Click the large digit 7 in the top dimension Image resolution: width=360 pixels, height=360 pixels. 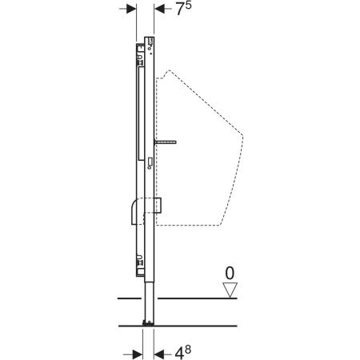point(180,10)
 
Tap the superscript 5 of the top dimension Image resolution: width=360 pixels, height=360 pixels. point(188,6)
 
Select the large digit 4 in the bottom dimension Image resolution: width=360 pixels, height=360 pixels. point(179,354)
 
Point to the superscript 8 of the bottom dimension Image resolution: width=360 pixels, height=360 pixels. point(188,350)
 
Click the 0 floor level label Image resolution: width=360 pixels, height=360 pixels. point(230,273)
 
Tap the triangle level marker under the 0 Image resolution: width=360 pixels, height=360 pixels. point(230,290)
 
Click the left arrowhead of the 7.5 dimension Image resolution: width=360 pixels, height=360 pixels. point(131,9)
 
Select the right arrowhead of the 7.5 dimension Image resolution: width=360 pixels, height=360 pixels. point(159,9)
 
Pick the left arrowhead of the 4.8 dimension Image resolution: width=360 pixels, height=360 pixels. point(138,354)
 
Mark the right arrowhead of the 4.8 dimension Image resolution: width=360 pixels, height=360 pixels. point(158,354)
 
